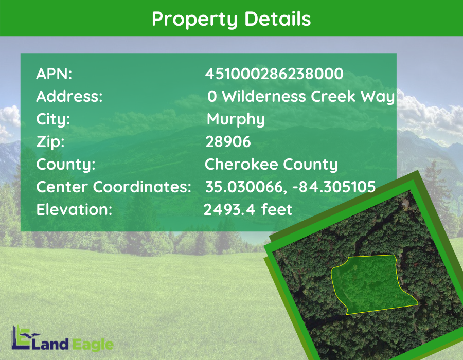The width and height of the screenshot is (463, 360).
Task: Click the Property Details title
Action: pyautogui.click(x=231, y=19)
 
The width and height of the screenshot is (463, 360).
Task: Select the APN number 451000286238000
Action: pyautogui.click(x=274, y=74)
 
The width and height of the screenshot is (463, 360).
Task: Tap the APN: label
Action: pyautogui.click(x=54, y=74)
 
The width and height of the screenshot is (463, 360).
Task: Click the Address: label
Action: pyautogui.click(x=69, y=96)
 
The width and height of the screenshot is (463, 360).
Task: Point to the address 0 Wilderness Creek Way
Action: pyautogui.click(x=301, y=97)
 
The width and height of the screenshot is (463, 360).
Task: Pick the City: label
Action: pyautogui.click(x=53, y=119)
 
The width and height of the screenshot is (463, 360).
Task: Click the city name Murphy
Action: pyautogui.click(x=236, y=119)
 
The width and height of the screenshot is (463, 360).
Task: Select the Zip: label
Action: pyautogui.click(x=50, y=142)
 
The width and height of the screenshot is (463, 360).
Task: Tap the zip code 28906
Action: pyautogui.click(x=228, y=141)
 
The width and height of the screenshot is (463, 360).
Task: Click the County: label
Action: pyautogui.click(x=66, y=165)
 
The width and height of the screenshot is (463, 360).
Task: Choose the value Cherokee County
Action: pyautogui.click(x=271, y=165)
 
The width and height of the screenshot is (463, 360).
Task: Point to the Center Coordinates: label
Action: pyautogui.click(x=114, y=187)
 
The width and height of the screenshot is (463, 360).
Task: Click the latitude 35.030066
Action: pyautogui.click(x=244, y=187)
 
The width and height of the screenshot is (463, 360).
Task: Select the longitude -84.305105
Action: pyautogui.click(x=334, y=187)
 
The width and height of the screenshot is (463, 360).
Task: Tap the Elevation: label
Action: pyautogui.click(x=74, y=209)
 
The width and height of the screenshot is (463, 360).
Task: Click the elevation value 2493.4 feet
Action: pyautogui.click(x=248, y=209)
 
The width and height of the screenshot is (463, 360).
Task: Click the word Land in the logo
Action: pyautogui.click(x=49, y=344)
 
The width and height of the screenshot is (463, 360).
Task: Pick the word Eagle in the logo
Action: pyautogui.click(x=93, y=345)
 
